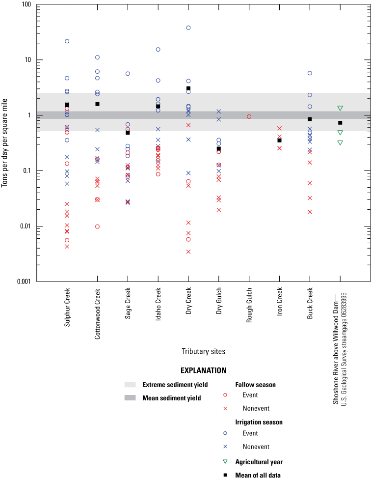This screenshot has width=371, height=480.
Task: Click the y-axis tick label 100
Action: [26, 5]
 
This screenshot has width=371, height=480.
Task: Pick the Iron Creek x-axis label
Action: [280, 305]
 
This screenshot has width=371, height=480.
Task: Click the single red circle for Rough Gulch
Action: [249, 117]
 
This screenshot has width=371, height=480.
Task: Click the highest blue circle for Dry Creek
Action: [188, 28]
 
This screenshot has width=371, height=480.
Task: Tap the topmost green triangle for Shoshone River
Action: [340, 108]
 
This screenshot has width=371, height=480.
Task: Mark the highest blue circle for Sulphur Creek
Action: [67, 41]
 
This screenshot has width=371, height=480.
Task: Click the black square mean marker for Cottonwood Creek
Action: [98, 104]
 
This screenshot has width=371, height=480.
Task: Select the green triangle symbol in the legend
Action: [225, 462]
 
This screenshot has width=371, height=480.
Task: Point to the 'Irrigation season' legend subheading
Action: [259, 422]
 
